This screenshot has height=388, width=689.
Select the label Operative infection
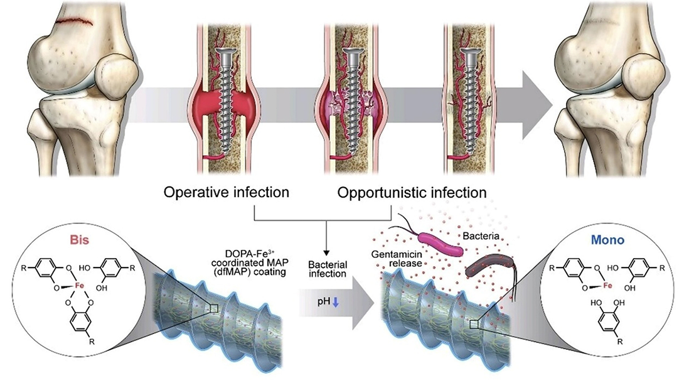[227, 191]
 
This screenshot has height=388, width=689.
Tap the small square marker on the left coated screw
[215, 307]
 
